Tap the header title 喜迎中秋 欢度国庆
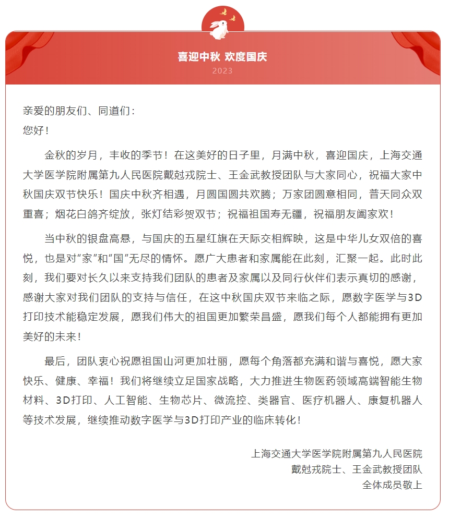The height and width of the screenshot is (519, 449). coord(222,56)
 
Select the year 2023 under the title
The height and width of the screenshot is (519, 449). coord(222,71)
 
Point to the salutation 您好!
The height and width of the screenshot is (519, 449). coord(36,130)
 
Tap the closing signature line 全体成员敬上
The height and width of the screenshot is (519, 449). coord(392,485)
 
